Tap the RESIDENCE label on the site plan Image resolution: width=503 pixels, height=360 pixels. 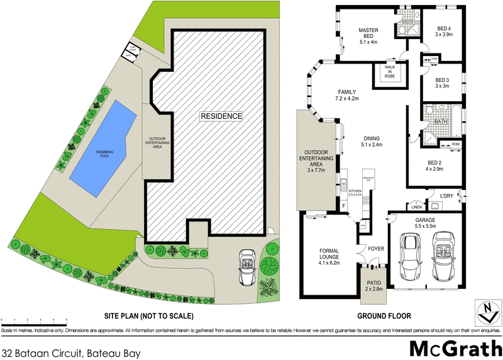click(x=221, y=116)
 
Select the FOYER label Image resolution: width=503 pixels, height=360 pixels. click(x=376, y=248)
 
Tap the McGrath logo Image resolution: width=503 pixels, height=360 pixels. click(x=455, y=347)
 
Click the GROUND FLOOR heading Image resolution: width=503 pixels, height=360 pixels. click(x=384, y=316)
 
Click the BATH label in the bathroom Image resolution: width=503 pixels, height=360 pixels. click(x=441, y=121)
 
